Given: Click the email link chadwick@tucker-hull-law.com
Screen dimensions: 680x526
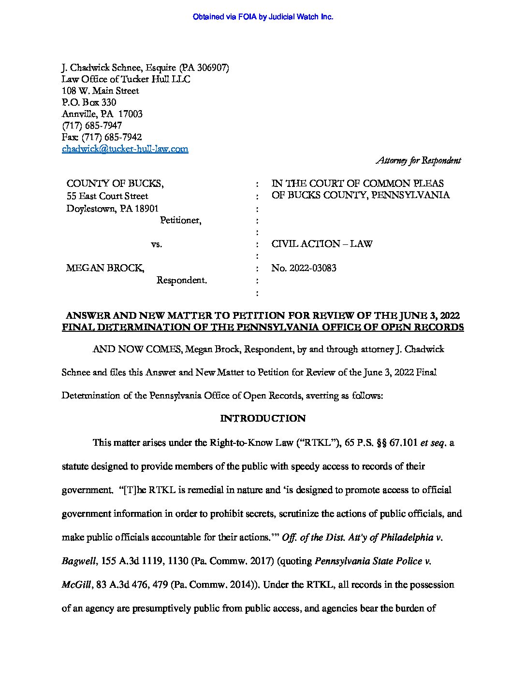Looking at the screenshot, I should tap(125, 149).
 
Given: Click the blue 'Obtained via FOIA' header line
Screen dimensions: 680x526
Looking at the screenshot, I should tap(263, 17).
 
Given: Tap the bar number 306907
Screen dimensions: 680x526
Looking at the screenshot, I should tap(212, 68).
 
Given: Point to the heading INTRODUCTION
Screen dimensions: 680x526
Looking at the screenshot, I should tap(263, 418).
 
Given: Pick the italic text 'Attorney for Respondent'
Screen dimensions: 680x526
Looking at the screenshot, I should tap(418, 160).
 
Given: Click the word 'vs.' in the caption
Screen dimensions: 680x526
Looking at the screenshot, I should tap(156, 244).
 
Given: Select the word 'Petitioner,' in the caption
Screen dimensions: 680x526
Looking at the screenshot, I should tap(181, 220).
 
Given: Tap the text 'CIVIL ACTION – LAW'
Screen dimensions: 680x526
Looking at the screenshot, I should tap(322, 244).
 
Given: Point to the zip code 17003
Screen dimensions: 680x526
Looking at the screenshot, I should tap(131, 114).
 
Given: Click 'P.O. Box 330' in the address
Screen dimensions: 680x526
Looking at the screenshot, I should tap(89, 102).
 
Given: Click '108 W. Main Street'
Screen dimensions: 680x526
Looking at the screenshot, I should tap(100, 91).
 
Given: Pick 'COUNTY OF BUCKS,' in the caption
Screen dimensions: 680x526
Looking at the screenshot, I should tap(115, 184).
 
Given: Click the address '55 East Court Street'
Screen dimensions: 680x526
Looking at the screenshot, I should tap(107, 196).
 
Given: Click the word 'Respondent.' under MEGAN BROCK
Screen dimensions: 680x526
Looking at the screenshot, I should tap(181, 280).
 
